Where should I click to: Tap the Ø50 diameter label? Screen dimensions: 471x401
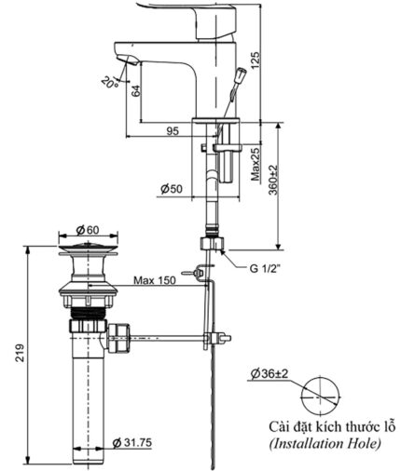171,189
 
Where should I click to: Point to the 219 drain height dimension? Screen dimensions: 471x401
20,354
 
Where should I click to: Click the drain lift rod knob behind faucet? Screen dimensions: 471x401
242,74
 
